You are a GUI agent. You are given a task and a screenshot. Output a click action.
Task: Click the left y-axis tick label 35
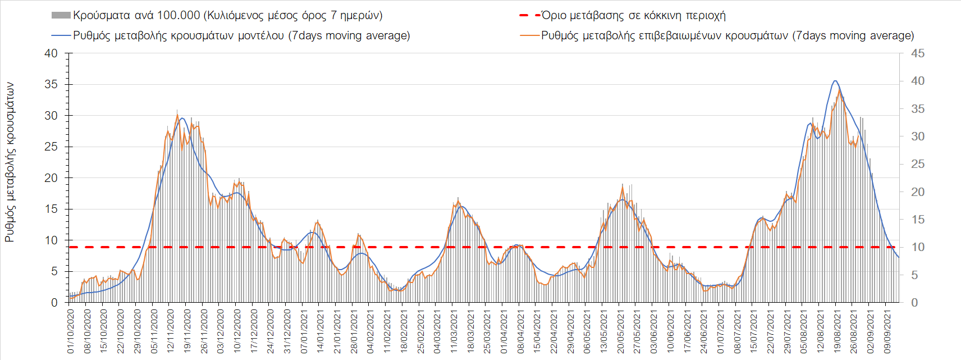click(51, 84)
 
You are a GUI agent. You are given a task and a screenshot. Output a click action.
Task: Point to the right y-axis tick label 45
click(918, 53)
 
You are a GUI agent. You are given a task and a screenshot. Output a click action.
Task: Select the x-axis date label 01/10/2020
click(71, 331)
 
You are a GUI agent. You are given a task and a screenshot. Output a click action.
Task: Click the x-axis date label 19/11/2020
click(187, 331)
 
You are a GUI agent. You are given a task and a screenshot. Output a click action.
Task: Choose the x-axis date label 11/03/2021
click(454, 331)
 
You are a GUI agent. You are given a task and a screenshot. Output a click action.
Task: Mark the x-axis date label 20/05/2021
click(620, 331)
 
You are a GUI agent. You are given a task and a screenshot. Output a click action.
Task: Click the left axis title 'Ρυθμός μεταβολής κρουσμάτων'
click(10, 162)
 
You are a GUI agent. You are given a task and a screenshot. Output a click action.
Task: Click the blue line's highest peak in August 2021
click(835, 81)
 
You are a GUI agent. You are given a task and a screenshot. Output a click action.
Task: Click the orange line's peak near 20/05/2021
click(623, 185)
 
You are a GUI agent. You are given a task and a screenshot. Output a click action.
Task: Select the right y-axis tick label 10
click(918, 247)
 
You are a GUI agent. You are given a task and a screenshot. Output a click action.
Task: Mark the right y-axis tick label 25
click(918, 164)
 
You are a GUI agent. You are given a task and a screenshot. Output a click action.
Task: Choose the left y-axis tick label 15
click(51, 209)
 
